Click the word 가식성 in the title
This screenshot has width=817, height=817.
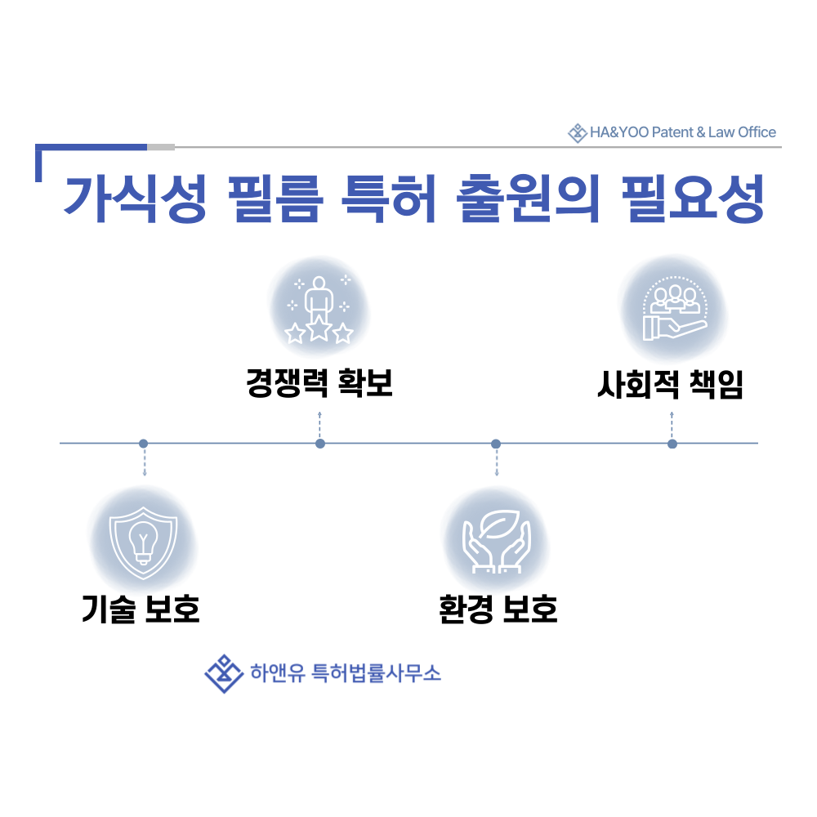136,199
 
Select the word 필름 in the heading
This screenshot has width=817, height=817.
275,199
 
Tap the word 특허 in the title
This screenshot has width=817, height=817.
388,199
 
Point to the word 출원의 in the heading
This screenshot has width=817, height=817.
528,199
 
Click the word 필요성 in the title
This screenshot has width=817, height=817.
693,199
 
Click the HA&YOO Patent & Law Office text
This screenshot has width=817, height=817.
682,132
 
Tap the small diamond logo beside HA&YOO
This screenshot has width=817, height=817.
578,133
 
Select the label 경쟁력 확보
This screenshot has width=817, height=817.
319,383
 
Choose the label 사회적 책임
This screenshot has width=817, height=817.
670,385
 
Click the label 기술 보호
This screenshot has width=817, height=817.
141,609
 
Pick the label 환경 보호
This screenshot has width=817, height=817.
498,609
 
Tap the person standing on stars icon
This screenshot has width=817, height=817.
319,310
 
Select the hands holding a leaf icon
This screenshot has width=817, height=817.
497,542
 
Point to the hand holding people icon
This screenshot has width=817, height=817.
675,309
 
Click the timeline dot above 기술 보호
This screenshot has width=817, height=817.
143,444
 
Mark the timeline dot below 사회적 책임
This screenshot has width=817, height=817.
672,444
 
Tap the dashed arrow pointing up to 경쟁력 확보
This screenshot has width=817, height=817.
320,425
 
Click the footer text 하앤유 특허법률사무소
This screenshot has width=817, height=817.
346,673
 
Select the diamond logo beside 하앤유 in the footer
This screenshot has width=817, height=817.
224,674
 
